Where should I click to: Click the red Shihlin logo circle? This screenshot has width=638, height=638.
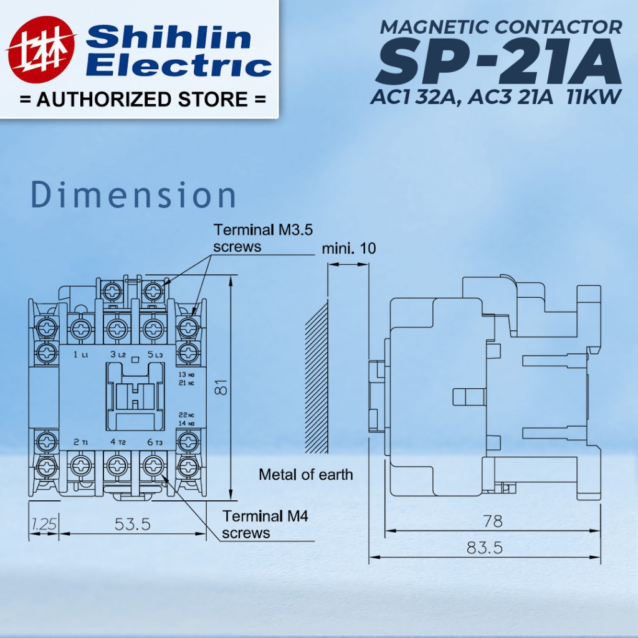[x=41, y=49]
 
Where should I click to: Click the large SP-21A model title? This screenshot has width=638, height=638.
[x=499, y=61]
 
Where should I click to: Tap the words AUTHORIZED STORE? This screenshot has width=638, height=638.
[x=143, y=99]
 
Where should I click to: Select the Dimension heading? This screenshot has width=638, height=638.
[x=133, y=195]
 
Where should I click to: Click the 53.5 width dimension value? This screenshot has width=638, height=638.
[x=133, y=523]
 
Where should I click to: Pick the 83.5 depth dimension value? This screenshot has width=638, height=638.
[x=485, y=548]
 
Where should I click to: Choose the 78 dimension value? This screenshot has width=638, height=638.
[x=493, y=521]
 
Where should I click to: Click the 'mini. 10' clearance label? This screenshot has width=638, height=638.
[x=349, y=248]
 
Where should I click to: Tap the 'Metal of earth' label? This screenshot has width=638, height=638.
[x=305, y=474]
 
